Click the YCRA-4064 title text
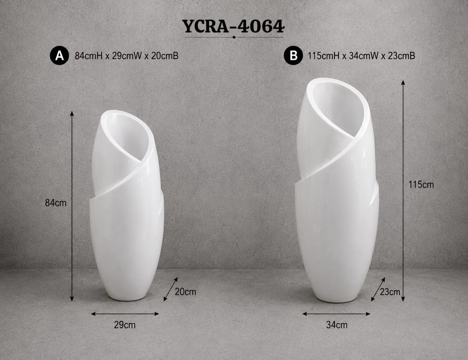click(234, 26)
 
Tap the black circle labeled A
click(60, 56)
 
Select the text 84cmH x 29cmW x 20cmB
click(127, 56)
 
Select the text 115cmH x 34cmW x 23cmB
click(361, 56)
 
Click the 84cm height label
click(56, 203)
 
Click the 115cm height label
click(421, 185)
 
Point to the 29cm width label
click(125, 325)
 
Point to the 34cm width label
click(337, 325)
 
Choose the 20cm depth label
click(185, 292)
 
